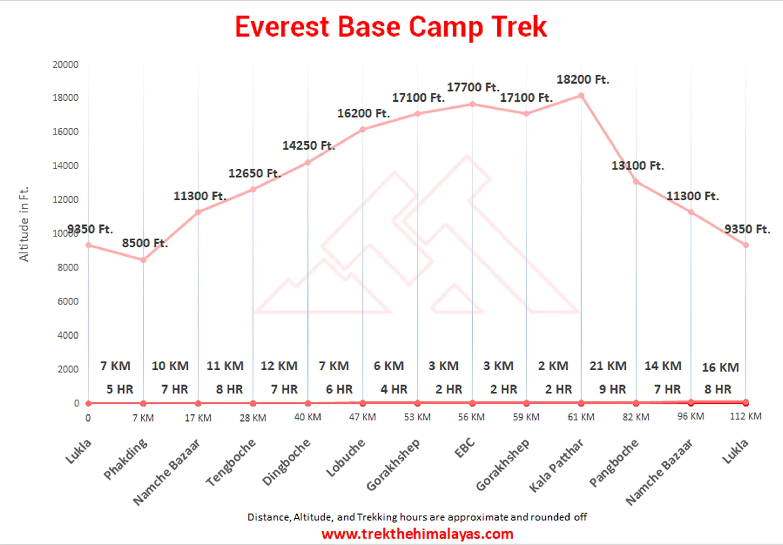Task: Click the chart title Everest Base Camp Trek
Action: (x=391, y=27)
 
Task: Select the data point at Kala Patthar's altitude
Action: (x=581, y=96)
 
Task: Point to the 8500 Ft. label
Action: (x=145, y=243)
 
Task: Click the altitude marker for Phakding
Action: (x=143, y=260)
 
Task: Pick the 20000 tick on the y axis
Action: (x=65, y=64)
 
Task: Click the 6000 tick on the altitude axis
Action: (x=68, y=301)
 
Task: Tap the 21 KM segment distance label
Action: (x=608, y=366)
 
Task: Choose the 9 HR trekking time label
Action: (x=613, y=389)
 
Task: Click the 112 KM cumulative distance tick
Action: (x=745, y=416)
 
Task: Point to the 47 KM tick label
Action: (x=362, y=417)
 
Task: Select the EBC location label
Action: (x=465, y=448)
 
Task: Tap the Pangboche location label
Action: (x=614, y=463)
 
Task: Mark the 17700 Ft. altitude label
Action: (x=473, y=87)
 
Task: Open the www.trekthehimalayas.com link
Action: (x=417, y=534)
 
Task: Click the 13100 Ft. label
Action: (x=637, y=166)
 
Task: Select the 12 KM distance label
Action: (x=279, y=366)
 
